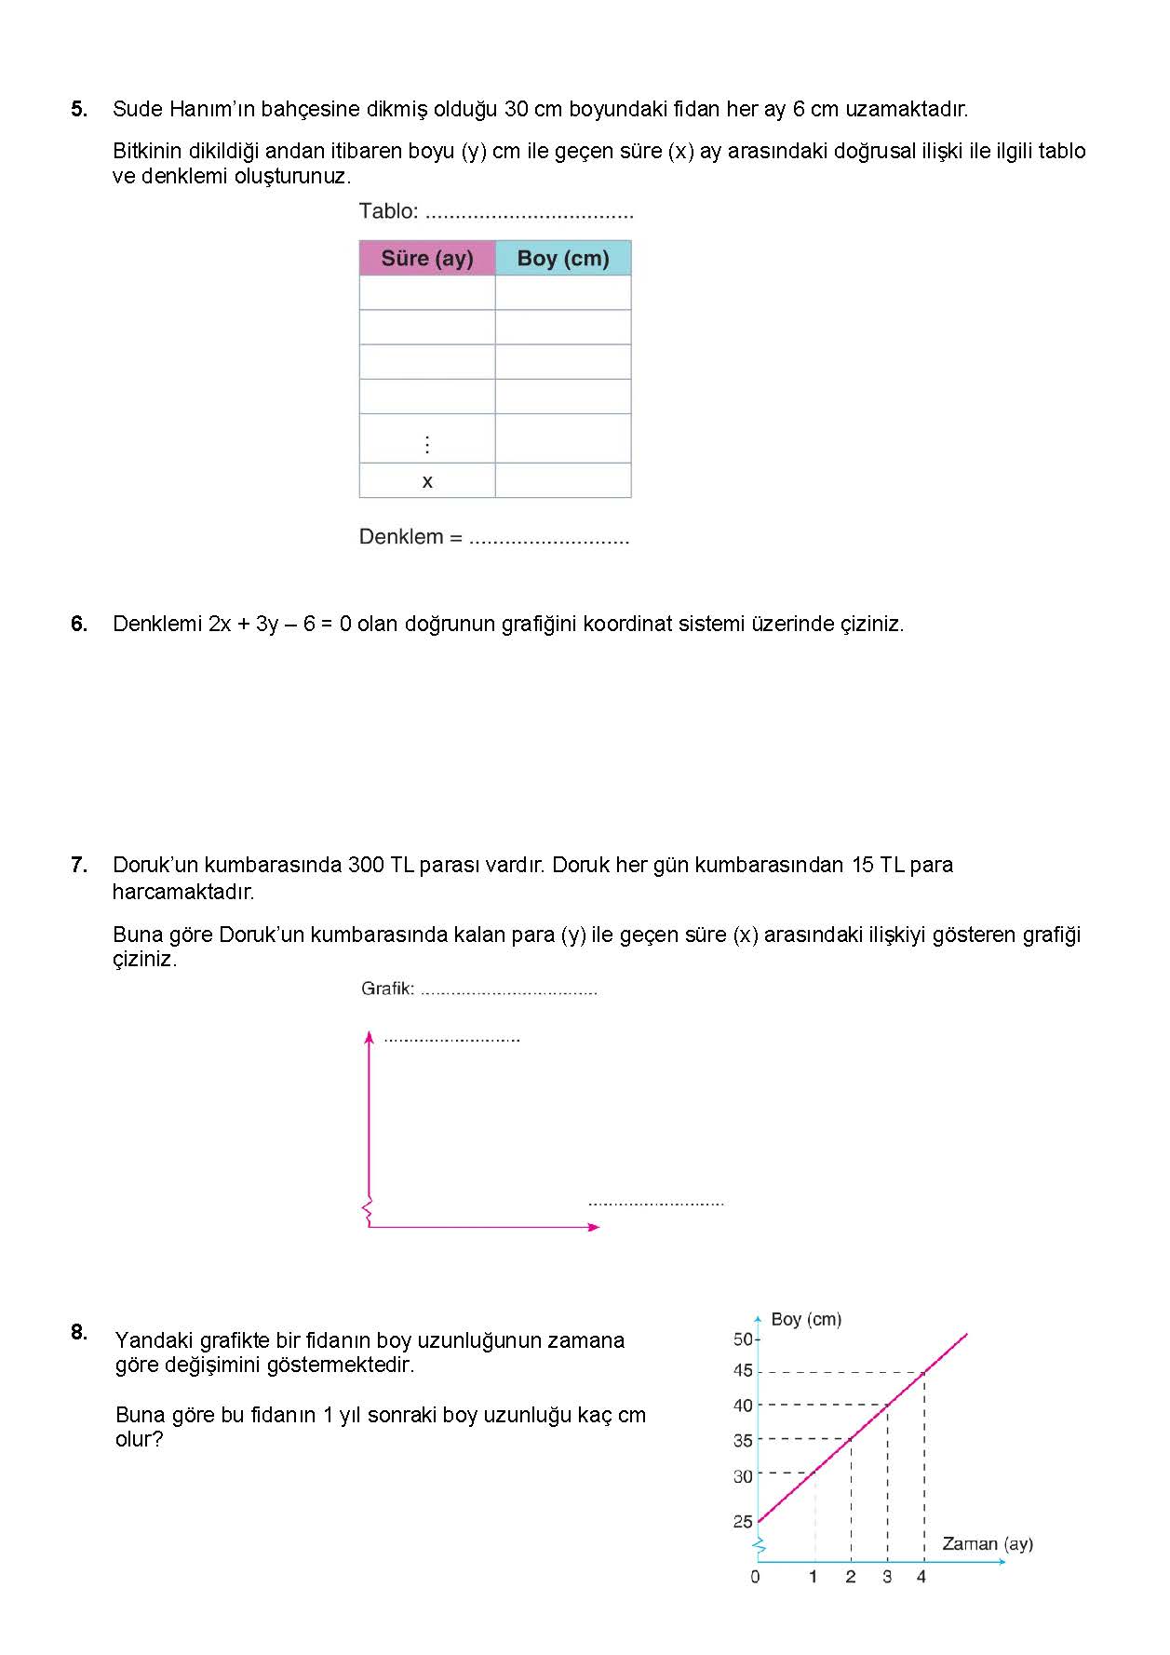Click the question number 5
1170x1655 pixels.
point(79,109)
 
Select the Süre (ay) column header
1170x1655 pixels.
point(427,258)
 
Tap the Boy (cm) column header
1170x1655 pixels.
point(563,258)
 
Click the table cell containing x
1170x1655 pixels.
point(427,481)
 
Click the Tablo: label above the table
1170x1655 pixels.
point(389,211)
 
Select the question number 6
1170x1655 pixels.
point(79,624)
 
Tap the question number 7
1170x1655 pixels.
point(79,865)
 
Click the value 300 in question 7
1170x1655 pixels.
point(366,865)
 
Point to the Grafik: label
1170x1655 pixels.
point(387,989)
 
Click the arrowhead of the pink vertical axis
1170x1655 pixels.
point(370,1037)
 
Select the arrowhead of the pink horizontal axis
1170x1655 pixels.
point(595,1227)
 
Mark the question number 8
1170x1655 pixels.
point(79,1332)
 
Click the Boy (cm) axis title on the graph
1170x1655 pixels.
point(806,1319)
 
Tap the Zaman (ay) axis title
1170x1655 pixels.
point(988,1544)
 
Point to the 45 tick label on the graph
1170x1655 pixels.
point(743,1370)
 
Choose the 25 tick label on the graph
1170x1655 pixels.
point(743,1522)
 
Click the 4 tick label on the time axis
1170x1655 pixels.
point(921,1577)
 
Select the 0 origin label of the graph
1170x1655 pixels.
point(755,1577)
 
